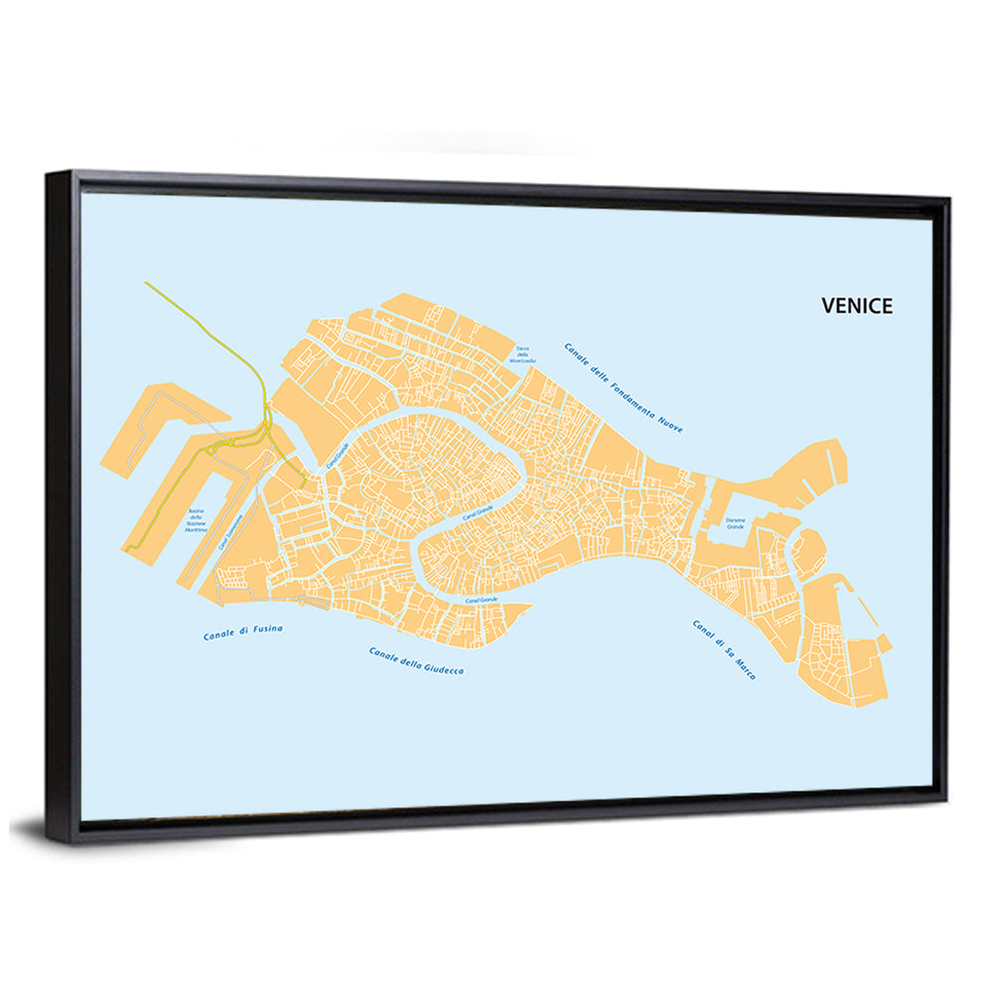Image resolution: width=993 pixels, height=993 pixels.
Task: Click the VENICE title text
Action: [x=856, y=306]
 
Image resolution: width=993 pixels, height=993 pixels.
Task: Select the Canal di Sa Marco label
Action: [x=723, y=649]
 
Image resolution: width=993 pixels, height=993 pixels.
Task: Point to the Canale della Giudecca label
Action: [x=416, y=661]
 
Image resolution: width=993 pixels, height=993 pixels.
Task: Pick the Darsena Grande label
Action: [x=736, y=521]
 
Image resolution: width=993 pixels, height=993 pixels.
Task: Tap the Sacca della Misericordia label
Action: [x=522, y=355]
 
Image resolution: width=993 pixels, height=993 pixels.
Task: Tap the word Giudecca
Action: [x=444, y=667]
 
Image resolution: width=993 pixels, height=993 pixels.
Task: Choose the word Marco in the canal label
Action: [x=743, y=668]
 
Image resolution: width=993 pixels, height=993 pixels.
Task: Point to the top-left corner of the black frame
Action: [x=50, y=175]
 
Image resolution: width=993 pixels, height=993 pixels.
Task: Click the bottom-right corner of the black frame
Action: [x=945, y=792]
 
